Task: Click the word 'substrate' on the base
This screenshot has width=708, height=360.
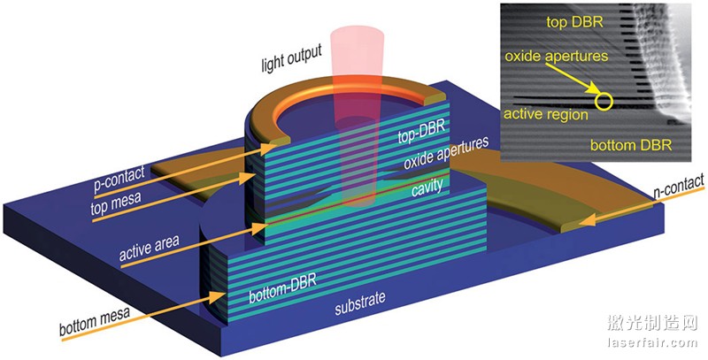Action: point(358,309)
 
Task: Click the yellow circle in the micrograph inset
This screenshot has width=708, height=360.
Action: point(604,98)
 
